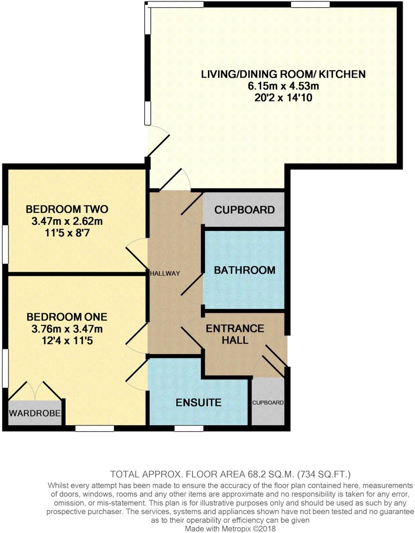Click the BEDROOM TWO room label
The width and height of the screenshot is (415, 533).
pos(67,209)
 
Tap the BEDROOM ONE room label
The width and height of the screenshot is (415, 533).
pos(67,317)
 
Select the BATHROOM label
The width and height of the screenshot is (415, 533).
pos(244,270)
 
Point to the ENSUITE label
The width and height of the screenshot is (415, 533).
pos(198,402)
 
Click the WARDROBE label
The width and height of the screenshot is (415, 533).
pos(35,413)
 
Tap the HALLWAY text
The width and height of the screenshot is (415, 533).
pos(165,273)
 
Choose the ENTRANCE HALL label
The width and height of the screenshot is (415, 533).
pos(235,334)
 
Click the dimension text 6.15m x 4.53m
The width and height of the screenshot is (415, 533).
pos(283,86)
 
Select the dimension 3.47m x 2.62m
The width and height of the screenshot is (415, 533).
pos(67,221)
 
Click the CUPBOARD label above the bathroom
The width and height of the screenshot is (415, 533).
pos(244,210)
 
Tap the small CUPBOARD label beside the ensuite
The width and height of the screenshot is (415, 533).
pos(268,403)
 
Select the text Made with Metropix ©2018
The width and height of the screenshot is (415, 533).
pos(230,529)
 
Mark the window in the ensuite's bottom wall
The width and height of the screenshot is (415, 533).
pos(189,428)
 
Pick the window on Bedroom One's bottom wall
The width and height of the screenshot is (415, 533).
pos(95,428)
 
